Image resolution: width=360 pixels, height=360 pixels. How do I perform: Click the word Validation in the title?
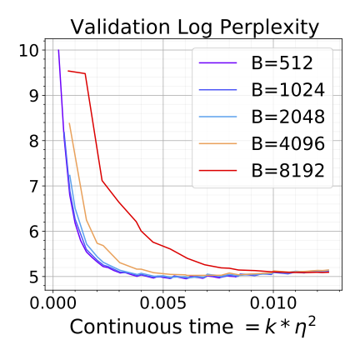[x=112, y=27]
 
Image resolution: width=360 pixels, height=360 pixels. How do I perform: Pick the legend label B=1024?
[x=289, y=89]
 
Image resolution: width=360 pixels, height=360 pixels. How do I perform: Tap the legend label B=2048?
[x=289, y=117]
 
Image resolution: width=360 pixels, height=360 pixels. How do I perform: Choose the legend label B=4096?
[x=289, y=145]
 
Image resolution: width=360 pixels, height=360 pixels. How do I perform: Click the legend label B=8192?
[x=289, y=173]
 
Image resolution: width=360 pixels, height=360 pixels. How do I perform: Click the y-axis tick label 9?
[x=32, y=96]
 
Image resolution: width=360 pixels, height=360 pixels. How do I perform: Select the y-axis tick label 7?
[x=32, y=187]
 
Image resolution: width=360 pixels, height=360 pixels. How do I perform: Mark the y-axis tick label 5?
[x=32, y=277]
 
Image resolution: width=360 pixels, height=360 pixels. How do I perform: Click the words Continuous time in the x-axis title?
[x=146, y=327]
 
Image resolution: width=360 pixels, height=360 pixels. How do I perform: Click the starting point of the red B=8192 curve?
[x=67, y=71]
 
